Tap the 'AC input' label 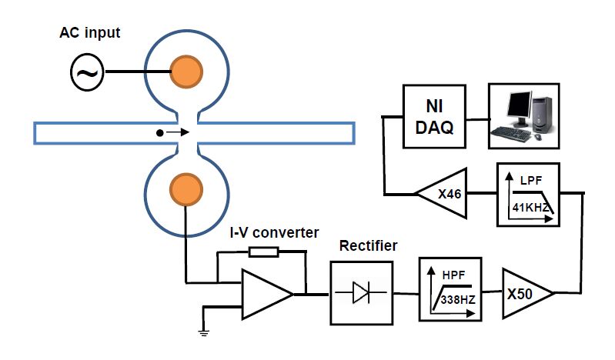pos(90,34)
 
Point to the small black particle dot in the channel pos(160,133)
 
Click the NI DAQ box pos(436,117)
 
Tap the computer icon pos(525,117)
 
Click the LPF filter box pos(528,193)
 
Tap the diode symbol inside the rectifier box pos(363,292)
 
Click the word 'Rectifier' pos(369,246)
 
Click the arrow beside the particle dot pos(177,133)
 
